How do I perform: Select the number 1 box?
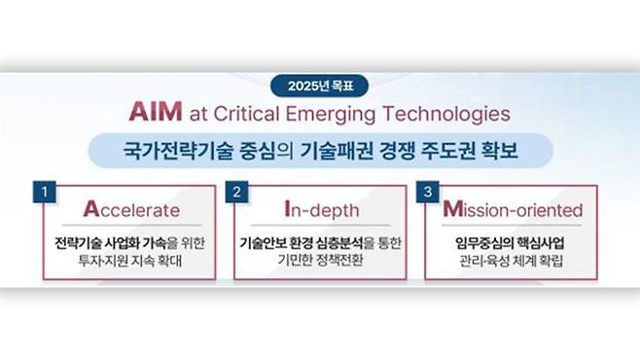click(44, 192)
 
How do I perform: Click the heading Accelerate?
click(131, 209)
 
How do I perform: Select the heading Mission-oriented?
click(513, 209)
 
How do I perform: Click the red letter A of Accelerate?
click(91, 208)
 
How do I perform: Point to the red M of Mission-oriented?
click(451, 208)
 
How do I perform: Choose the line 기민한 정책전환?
click(320, 262)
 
